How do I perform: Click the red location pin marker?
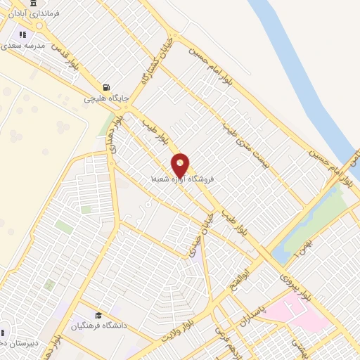181,165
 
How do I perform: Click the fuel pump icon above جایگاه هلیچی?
107,87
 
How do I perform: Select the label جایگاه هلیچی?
107,99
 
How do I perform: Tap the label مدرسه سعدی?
23,44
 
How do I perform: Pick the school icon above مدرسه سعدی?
22,34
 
